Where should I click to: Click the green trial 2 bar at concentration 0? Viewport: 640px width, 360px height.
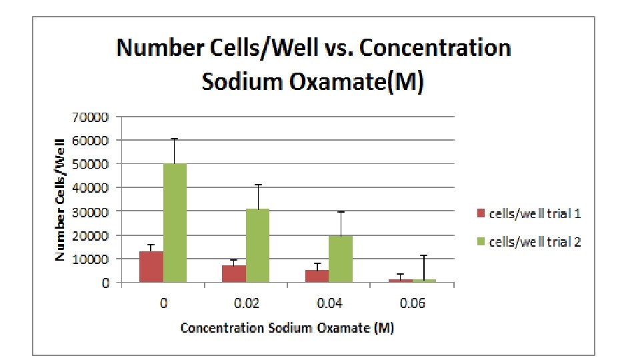(x=175, y=223)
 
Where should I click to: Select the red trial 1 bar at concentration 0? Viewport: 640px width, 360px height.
(x=151, y=267)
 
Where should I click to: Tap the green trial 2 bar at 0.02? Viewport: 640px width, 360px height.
(x=257, y=245)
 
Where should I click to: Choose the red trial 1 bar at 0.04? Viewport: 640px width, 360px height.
(x=317, y=276)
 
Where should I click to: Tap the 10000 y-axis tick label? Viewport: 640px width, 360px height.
(x=97, y=259)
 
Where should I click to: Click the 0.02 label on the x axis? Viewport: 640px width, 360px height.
(x=246, y=304)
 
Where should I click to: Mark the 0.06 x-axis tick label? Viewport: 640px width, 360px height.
(x=412, y=304)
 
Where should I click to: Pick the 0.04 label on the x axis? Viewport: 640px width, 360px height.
(x=329, y=304)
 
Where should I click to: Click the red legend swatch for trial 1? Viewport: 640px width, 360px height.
(x=479, y=213)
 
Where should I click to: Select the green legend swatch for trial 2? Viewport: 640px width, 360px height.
(x=479, y=241)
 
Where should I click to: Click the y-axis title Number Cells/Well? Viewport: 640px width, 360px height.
(x=60, y=199)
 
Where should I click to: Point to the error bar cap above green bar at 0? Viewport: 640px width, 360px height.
(x=175, y=139)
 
